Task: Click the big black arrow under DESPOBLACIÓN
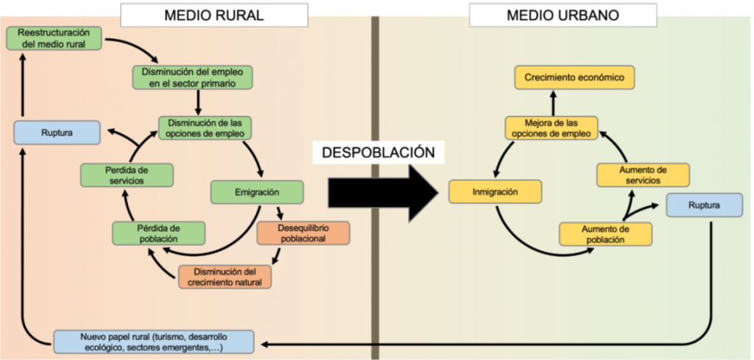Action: [x=381, y=193]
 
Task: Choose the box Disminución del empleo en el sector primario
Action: [x=193, y=77]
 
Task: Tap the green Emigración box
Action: [x=247, y=193]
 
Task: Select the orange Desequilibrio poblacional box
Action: [x=303, y=233]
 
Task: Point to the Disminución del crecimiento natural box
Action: [x=225, y=276]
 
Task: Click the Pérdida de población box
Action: [x=158, y=233]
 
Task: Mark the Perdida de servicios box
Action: [x=127, y=175]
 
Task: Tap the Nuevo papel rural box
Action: [x=154, y=342]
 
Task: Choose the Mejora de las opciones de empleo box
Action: [x=551, y=127]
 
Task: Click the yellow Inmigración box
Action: [x=496, y=193]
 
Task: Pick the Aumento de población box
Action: [x=605, y=234]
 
